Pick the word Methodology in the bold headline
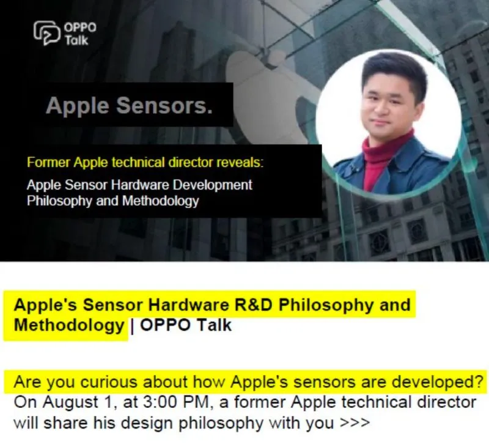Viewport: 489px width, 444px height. tap(69, 325)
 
